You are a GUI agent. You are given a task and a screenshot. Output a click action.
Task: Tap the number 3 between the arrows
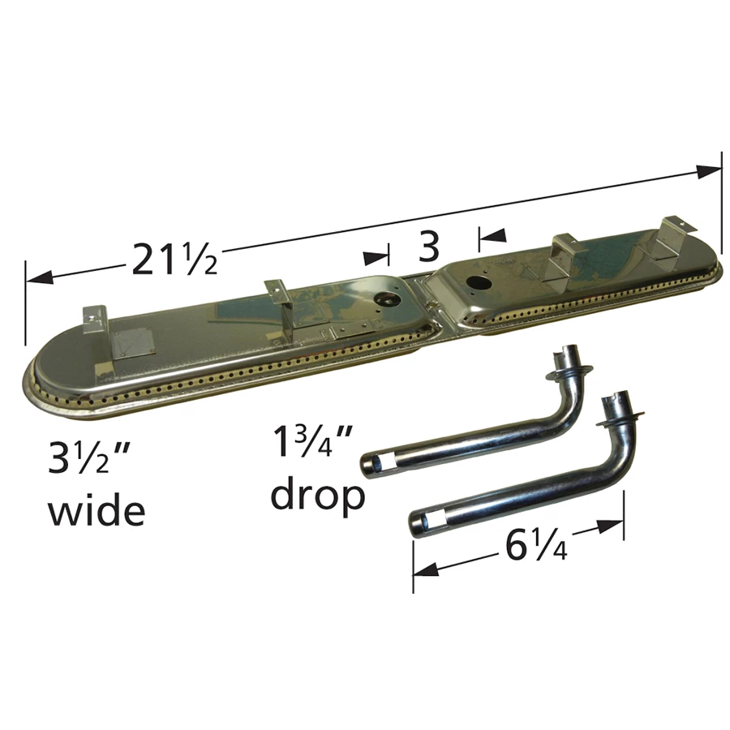point(428,247)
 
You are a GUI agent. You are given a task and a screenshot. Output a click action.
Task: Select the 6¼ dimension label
point(536,547)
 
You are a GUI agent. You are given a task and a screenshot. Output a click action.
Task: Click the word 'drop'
point(318,496)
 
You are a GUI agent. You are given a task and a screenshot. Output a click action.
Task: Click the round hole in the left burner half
point(386,298)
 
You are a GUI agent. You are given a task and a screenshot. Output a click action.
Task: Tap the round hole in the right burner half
point(477,281)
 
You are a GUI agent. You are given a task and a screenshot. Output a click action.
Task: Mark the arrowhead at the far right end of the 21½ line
point(708,172)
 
